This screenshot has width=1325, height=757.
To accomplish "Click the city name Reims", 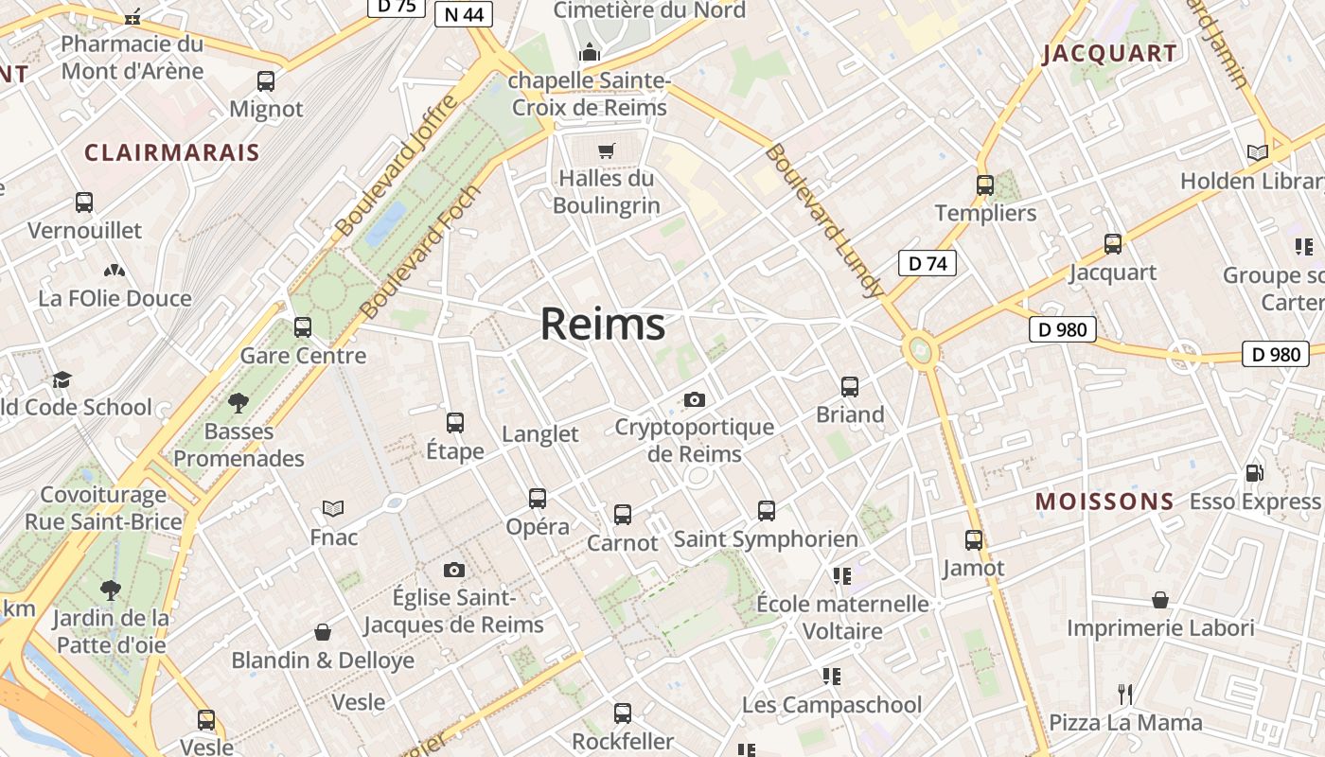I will [603, 325].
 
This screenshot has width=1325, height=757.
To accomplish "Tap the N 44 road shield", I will [463, 14].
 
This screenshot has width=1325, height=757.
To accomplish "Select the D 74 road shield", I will [927, 263].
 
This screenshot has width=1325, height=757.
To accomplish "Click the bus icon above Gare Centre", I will [303, 327].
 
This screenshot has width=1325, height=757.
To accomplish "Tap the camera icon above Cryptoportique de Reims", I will [695, 399].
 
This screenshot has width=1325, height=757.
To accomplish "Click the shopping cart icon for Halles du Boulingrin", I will [607, 150].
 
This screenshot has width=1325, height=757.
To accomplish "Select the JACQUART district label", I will [1110, 54].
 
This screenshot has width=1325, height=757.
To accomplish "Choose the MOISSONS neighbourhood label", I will [1104, 502].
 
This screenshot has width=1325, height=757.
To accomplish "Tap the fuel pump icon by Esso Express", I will [1254, 472].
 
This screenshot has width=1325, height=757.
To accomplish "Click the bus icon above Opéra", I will [538, 498].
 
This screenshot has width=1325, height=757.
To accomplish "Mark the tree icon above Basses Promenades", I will [238, 403].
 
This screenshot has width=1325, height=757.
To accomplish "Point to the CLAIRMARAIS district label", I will [172, 152].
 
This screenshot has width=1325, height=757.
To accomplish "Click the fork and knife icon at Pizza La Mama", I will [1125, 695].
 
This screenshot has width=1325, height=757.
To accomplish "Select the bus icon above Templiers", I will [985, 185].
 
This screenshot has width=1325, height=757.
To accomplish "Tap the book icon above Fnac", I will [333, 509].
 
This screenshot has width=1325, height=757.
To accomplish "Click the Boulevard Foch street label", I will [421, 253].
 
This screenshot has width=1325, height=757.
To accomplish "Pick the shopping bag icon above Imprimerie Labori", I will [1160, 600].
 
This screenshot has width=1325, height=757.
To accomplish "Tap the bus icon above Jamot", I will [974, 540].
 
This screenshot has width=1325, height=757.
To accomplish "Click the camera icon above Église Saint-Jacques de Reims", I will [454, 570].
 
